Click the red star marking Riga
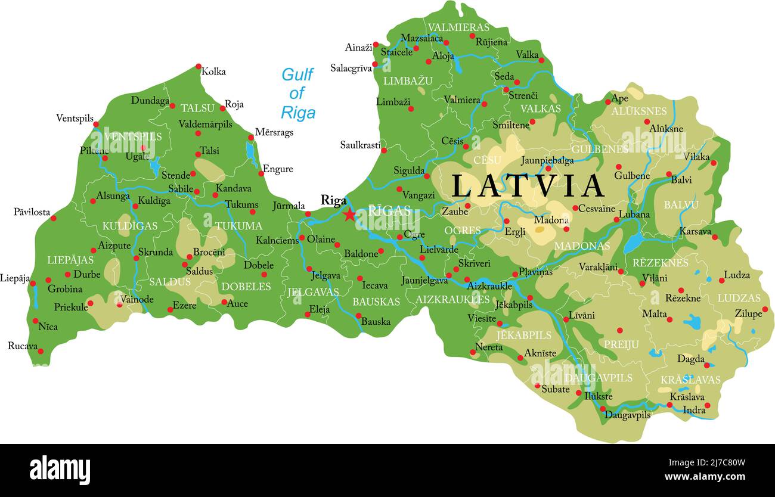[349, 215]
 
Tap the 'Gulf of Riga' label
[297, 94]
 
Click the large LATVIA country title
[528, 186]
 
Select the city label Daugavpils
[627, 415]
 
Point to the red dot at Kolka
[199, 67]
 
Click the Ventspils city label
[75, 118]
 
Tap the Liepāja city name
[14, 278]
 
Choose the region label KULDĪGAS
[129, 226]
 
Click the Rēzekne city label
[683, 298]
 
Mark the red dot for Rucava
[41, 351]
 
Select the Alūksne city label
[666, 129]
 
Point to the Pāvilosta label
[32, 212]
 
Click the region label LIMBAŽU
[408, 81]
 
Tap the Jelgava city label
[325, 276]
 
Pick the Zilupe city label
[748, 313]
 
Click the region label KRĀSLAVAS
[690, 380]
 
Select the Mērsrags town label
[274, 132]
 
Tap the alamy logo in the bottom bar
[60, 470]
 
